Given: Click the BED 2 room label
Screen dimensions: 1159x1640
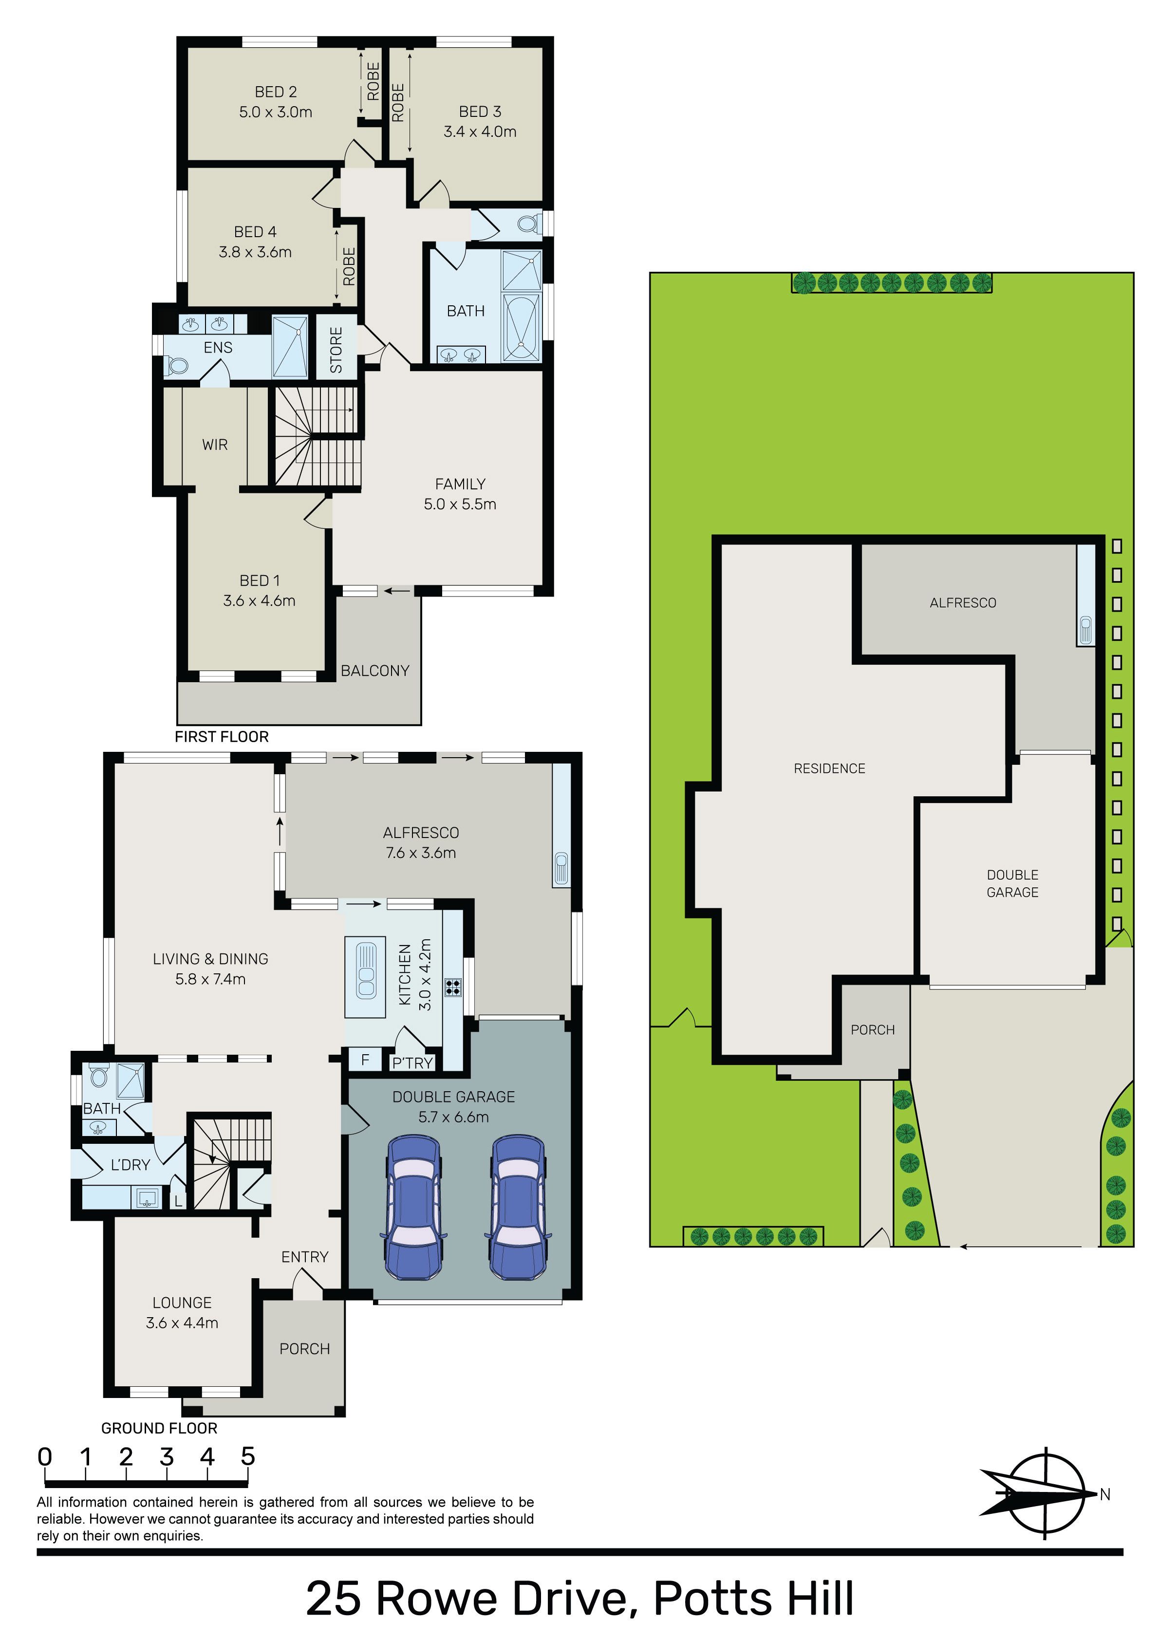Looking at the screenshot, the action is pos(276,101).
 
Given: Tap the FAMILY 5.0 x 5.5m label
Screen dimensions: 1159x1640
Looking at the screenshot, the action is pos(459,494).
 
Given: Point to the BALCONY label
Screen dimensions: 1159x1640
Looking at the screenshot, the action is pos(375,671).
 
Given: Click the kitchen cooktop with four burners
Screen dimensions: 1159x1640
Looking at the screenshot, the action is pos(453,987).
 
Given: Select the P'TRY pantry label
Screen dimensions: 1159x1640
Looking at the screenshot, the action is pos(412,1063).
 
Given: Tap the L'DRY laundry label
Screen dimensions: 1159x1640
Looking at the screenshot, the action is pos(130,1165).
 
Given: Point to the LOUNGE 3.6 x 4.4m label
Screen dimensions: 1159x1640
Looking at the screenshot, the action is pos(182,1313).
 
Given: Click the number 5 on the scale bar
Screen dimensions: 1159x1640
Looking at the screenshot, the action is pos(248,1456).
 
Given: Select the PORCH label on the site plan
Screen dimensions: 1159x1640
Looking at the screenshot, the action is pos(873,1030).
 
